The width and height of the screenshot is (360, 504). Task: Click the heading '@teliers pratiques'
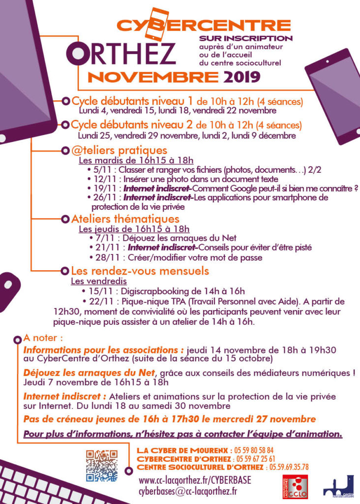tap(119, 150)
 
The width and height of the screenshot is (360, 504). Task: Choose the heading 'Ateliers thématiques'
tap(125, 219)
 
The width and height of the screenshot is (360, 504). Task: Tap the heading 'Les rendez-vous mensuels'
tap(140, 271)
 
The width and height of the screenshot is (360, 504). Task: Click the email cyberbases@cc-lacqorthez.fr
tap(188, 491)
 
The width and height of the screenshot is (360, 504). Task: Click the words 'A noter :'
tap(43, 339)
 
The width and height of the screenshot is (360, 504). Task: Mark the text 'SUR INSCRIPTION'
tap(246, 38)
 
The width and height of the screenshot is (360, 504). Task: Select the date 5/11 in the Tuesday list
tap(101, 170)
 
